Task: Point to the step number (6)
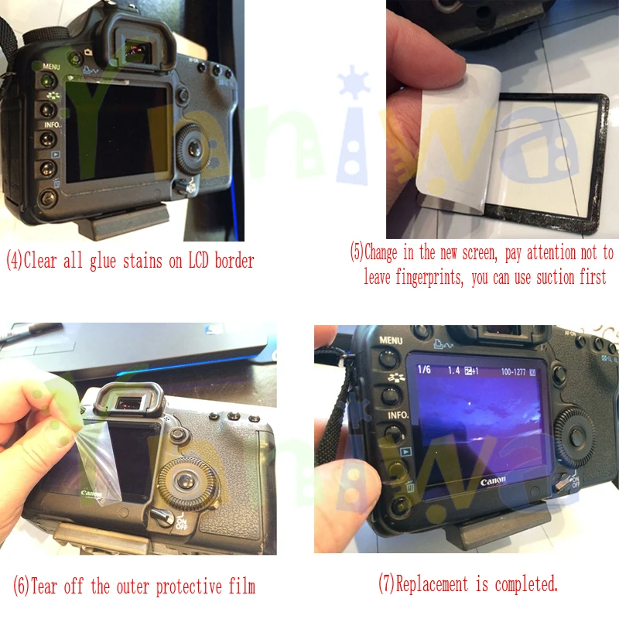[x=24, y=585]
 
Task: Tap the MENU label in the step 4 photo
[x=52, y=67]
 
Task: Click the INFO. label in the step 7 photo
[x=398, y=415]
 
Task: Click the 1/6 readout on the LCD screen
[x=424, y=370]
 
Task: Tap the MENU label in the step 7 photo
[x=391, y=340]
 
